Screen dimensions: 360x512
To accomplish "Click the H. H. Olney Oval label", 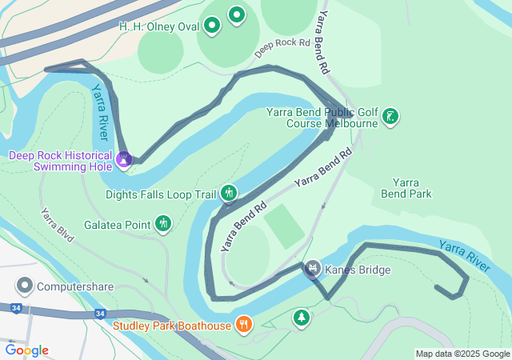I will pos(158,27).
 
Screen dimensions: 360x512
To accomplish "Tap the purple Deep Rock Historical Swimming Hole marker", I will pos(124,160).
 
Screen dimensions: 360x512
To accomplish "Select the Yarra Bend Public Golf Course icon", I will pos(390,117).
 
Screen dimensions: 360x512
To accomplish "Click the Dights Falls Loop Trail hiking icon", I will pos(230,194).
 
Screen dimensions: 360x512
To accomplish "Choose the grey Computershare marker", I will pos(25,286).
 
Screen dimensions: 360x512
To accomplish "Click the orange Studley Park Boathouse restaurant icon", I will pos(244,325).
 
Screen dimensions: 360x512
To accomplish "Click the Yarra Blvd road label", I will pos(59,229).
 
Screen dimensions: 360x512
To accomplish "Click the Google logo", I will pos(26,350).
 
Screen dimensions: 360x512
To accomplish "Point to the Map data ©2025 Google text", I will pos(462,354).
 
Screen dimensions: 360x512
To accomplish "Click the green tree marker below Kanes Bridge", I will pos(301,318).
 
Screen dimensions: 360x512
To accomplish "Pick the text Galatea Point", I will pos(118,225).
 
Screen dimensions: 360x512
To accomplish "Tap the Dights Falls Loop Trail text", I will pos(161,194).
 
